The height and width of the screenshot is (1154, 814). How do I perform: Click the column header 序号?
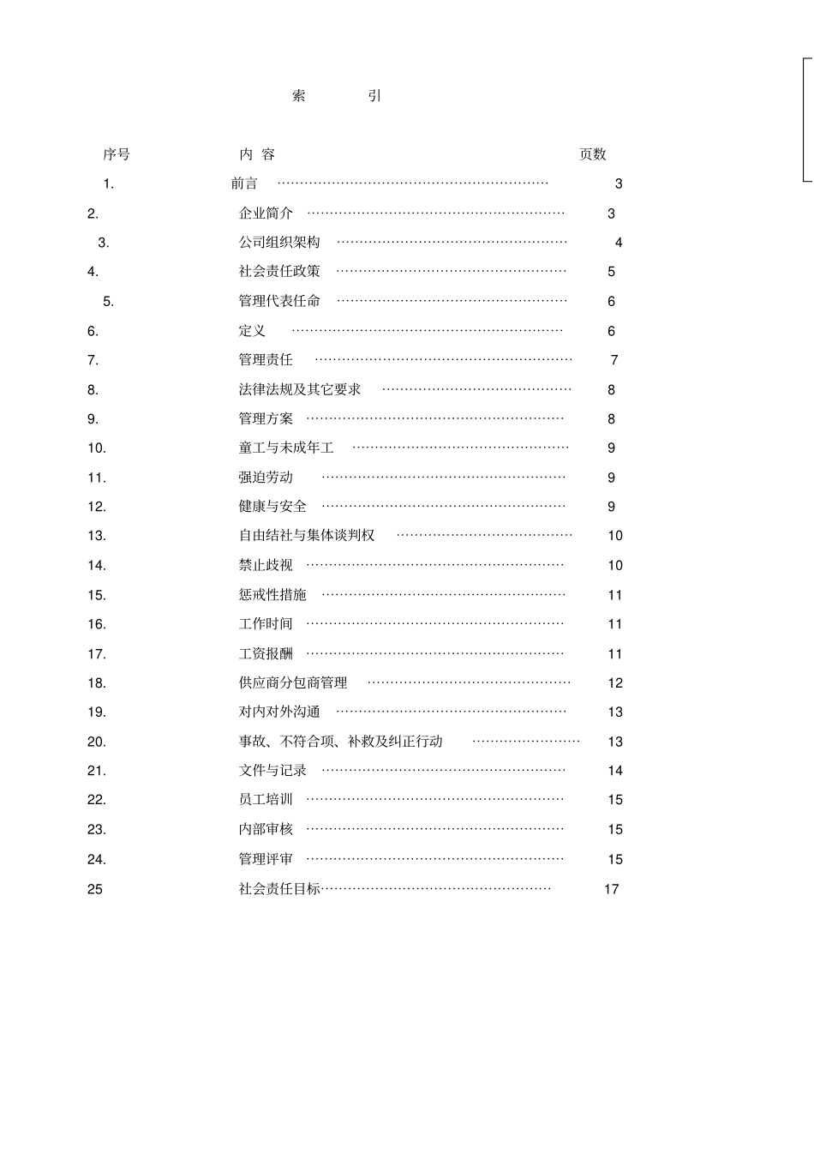coord(117,154)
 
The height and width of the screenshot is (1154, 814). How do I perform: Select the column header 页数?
coord(592,154)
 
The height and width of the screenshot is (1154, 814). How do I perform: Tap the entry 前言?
coord(244,183)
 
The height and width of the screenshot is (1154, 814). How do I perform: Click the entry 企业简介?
coord(266,213)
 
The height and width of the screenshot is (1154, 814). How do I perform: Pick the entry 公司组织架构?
coord(279,243)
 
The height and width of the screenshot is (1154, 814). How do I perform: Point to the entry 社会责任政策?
coord(279,272)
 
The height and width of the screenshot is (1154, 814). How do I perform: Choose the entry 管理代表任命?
coord(279,301)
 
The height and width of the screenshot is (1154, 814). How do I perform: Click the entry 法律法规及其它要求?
coord(300,389)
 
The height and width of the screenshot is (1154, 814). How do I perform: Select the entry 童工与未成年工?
coord(286,448)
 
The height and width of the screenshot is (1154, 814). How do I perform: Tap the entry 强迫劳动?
coord(266,478)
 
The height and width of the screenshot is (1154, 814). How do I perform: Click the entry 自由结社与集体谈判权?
coord(307,536)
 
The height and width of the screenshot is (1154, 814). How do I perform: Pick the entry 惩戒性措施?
coord(272,595)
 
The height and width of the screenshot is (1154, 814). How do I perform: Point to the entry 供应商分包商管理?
coord(293,683)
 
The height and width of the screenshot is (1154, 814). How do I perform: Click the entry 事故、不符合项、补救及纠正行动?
coord(341,742)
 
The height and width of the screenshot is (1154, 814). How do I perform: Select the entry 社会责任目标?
coord(279,889)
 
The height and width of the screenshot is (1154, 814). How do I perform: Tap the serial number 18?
coord(97,683)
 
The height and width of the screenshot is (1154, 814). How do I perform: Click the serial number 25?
coord(95,889)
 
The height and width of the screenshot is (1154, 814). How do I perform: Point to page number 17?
coord(611,889)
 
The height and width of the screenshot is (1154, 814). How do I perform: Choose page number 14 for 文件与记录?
coord(615,771)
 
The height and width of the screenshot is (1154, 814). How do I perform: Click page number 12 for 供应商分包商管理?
coord(615,683)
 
